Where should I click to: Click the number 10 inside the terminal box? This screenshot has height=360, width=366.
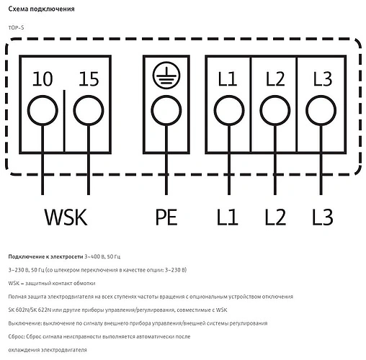click(43, 79)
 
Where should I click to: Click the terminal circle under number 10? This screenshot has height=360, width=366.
click(43, 112)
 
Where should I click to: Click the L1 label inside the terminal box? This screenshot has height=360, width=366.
click(228, 79)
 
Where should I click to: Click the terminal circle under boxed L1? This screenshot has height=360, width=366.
click(228, 112)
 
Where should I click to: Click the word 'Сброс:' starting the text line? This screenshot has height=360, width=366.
click(18, 336)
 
